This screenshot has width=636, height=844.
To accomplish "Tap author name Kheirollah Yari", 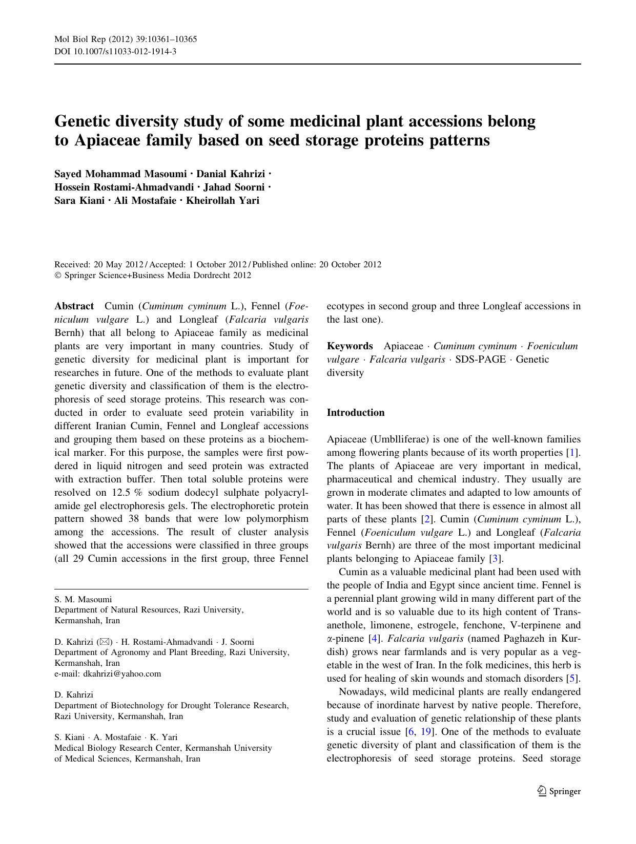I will (222, 200).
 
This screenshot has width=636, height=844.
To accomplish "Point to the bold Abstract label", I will (74, 306).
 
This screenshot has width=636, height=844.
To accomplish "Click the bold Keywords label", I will (350, 346).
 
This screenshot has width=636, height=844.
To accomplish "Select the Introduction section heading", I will (355, 413).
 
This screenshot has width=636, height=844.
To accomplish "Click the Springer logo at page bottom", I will (559, 791).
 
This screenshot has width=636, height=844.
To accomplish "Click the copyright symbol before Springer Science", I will (57, 276).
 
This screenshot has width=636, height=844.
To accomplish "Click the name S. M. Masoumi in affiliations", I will (83, 599).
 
